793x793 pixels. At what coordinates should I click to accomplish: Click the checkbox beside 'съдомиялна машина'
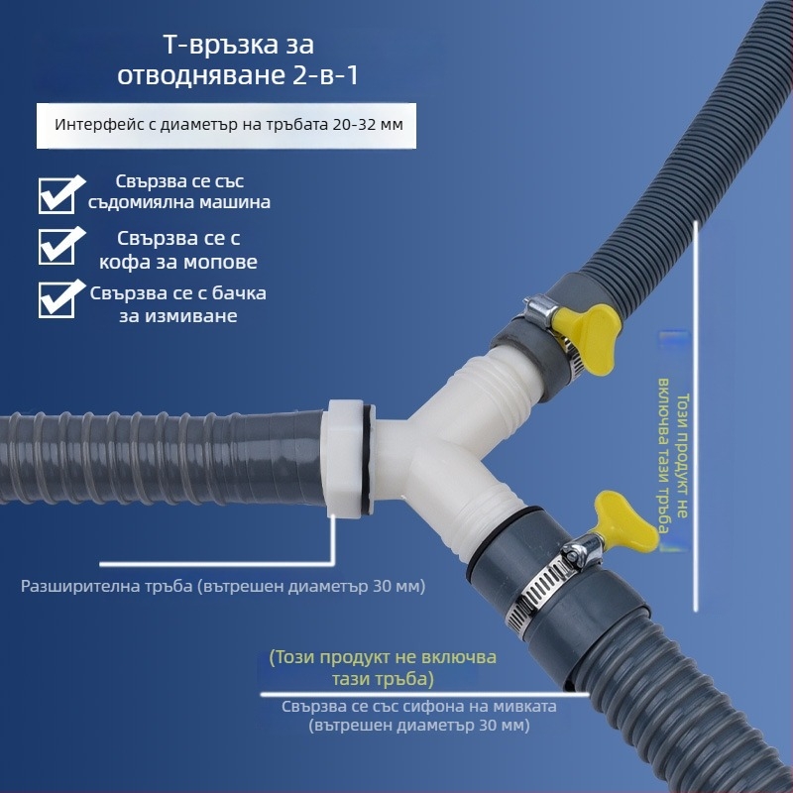(x=57, y=195)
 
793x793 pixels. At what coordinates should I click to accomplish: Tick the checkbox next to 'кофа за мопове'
(x=57, y=247)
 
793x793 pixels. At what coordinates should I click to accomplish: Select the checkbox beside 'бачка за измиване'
(x=57, y=300)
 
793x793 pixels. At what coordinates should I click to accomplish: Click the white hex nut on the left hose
(x=345, y=458)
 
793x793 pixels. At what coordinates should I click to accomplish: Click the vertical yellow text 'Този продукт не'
(x=682, y=455)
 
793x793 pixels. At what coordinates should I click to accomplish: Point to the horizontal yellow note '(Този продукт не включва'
(x=383, y=657)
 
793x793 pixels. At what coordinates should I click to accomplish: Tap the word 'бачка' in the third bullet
(x=239, y=293)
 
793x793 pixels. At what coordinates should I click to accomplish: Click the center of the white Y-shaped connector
(x=435, y=445)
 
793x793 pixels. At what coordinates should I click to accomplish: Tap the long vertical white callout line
(x=696, y=415)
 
